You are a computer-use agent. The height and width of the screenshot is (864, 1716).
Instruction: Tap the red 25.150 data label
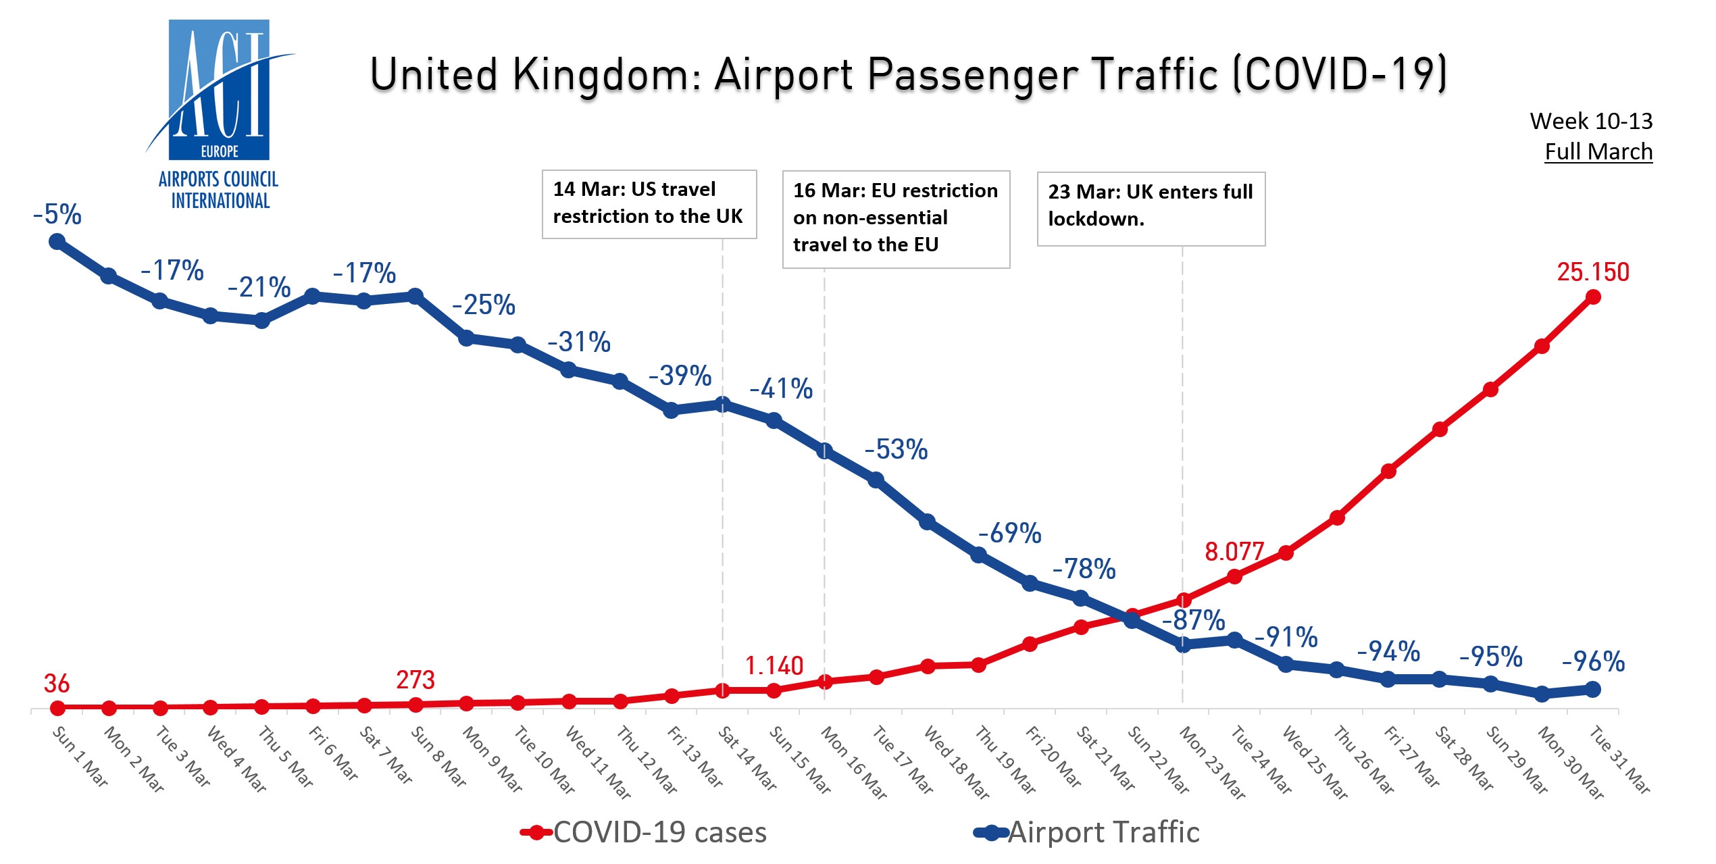click(x=1592, y=272)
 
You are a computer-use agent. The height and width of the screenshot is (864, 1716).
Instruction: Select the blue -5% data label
click(x=57, y=215)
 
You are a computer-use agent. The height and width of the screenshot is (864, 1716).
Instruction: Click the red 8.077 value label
click(x=1234, y=552)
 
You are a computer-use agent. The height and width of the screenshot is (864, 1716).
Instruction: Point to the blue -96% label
click(x=1592, y=661)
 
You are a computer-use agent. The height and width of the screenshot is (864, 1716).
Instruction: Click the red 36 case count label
click(x=57, y=684)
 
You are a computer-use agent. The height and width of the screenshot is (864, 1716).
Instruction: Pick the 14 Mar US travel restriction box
click(x=649, y=203)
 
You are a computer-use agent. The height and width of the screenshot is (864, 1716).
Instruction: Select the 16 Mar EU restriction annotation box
click(x=895, y=218)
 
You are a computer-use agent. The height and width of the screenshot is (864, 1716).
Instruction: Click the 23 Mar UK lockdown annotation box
click(x=1151, y=208)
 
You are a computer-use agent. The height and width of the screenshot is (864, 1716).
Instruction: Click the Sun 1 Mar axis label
click(x=80, y=756)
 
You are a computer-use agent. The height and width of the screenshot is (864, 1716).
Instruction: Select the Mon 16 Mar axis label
click(x=853, y=762)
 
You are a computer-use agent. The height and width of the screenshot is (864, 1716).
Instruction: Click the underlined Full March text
click(x=1598, y=152)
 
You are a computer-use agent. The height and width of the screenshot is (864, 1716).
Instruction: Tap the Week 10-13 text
click(x=1590, y=122)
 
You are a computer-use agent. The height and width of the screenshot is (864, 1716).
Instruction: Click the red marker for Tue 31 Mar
click(x=1592, y=297)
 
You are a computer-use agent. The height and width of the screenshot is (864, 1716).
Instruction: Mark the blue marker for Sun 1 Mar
click(x=57, y=242)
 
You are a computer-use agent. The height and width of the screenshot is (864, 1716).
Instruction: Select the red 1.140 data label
click(x=774, y=666)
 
